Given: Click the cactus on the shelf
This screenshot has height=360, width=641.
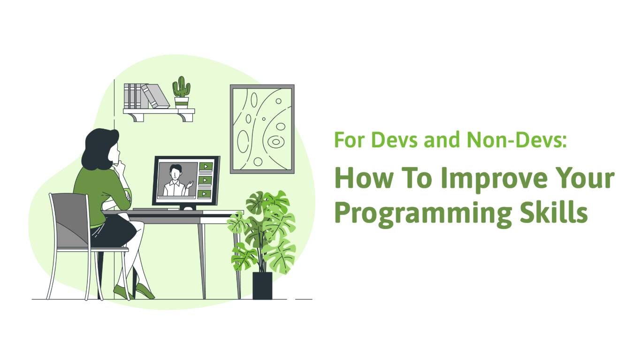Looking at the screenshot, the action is pyautogui.click(x=181, y=87).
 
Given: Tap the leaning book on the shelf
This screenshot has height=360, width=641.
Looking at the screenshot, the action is pyautogui.click(x=155, y=96).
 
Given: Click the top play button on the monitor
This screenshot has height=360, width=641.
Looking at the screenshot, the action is pyautogui.click(x=206, y=166).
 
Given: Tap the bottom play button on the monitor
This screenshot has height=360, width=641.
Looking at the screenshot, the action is pyautogui.click(x=205, y=194).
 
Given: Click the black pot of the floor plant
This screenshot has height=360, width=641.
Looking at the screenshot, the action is pyautogui.click(x=262, y=285).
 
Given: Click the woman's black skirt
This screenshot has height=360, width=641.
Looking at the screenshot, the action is pyautogui.click(x=114, y=230).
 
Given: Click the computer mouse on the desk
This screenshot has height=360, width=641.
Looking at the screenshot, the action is pyautogui.click(x=188, y=208).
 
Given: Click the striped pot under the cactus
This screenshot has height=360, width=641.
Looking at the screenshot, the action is pyautogui.click(x=182, y=103).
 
